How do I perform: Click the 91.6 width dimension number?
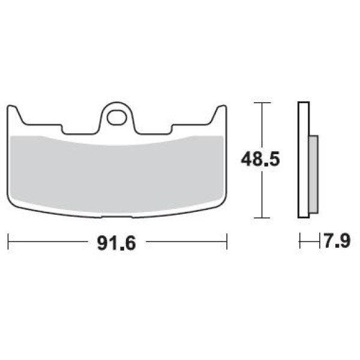click(x=116, y=244)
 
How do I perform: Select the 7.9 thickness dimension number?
click(x=337, y=241)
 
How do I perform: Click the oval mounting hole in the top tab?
click(x=117, y=118)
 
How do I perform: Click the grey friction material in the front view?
click(x=116, y=175)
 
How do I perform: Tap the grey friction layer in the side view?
click(x=313, y=174)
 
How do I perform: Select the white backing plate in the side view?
click(x=303, y=160)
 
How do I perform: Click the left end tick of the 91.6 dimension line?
click(x=8, y=242)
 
